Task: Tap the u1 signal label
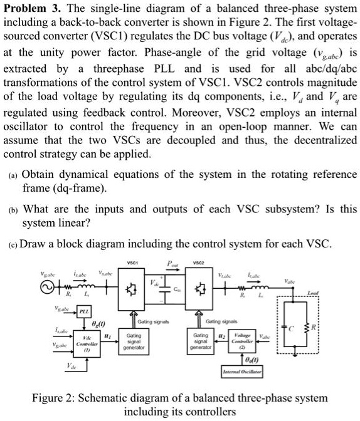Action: pyautogui.click(x=108, y=336)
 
